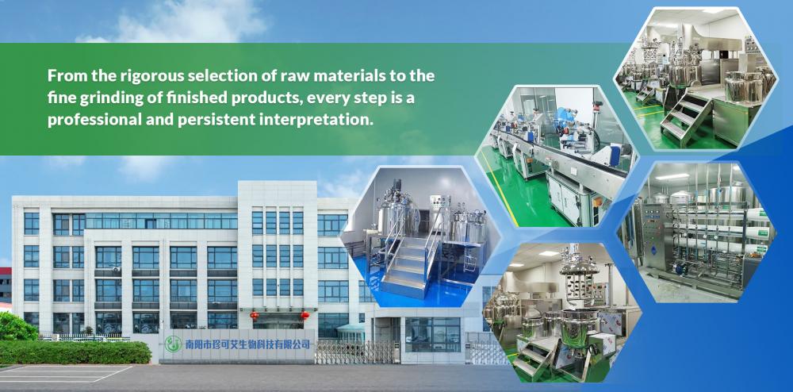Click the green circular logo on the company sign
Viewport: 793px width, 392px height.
pos(173,344)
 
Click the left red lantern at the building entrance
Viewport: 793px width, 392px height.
pos(254,315)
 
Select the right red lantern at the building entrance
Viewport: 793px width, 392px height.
pos(305,315)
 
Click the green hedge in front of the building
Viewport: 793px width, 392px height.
pos(75,352)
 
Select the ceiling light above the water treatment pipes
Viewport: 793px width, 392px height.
pos(672,177)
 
